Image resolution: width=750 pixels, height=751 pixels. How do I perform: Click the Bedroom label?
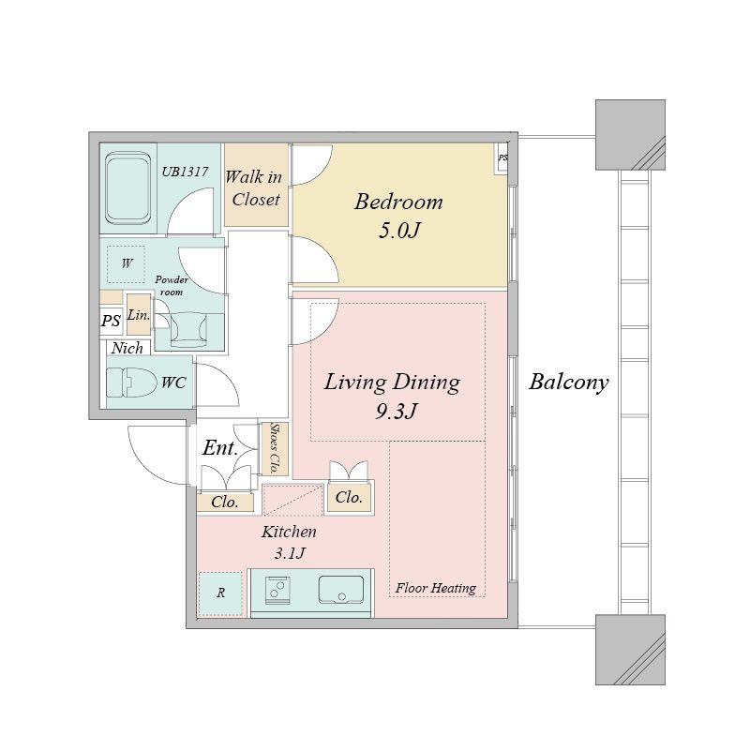click(398, 202)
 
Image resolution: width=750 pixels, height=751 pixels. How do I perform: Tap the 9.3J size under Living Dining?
click(397, 411)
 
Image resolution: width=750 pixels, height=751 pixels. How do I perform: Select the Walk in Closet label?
click(255, 188)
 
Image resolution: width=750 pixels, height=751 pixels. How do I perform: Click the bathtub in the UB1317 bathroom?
click(127, 188)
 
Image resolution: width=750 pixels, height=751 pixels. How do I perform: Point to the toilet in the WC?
click(131, 383)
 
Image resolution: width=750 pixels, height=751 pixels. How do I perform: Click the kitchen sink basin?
click(341, 590)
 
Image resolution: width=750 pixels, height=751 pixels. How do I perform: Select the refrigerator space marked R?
click(220, 593)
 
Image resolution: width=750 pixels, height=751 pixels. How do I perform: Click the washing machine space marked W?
click(127, 263)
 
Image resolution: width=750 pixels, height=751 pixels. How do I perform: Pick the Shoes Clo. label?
click(275, 448)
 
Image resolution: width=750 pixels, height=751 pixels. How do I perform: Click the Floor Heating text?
click(435, 588)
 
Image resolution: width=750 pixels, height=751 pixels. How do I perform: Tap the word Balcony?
click(568, 383)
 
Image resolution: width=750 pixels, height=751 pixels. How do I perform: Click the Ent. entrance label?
click(219, 448)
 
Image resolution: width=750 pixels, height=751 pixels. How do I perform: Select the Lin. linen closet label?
click(139, 315)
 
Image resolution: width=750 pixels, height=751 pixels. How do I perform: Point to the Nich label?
click(127, 348)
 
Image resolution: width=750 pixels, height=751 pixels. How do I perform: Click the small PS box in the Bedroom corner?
click(502, 158)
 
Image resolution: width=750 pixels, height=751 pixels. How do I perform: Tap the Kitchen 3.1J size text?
click(290, 554)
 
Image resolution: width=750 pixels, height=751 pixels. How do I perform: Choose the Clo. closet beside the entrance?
click(225, 502)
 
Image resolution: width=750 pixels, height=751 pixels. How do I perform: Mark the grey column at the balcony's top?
click(630, 135)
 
